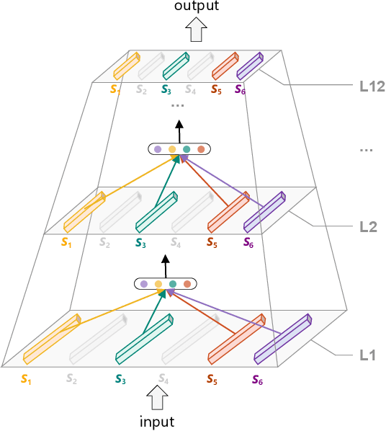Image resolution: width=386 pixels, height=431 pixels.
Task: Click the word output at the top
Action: click(x=195, y=6)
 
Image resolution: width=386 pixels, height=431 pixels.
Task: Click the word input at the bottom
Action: click(x=156, y=421)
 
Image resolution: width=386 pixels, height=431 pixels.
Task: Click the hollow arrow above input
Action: click(x=156, y=397)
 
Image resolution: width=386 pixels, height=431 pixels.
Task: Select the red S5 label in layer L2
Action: click(x=212, y=243)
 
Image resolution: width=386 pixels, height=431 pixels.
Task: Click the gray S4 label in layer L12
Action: click(x=190, y=90)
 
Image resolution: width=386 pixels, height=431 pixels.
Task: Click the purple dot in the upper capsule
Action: click(x=158, y=149)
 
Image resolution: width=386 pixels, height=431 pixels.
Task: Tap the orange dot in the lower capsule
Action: click(x=187, y=284)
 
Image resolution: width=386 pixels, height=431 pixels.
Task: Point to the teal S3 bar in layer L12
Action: click(x=175, y=66)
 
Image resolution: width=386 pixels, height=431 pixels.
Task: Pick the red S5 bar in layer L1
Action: click(x=235, y=339)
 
